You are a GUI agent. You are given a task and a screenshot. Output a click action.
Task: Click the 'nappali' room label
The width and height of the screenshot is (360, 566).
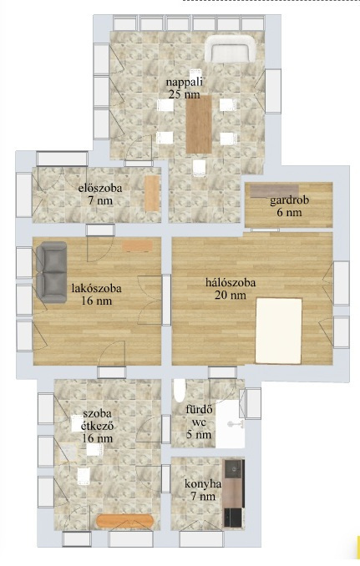pos(184,82)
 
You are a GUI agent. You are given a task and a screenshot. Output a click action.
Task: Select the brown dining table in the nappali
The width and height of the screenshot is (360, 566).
pos(199,124)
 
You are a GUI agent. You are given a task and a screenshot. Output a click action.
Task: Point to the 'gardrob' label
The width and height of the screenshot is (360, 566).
pos(289,200)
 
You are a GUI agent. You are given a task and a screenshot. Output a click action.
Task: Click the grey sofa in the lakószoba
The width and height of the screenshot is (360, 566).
pos(51,272)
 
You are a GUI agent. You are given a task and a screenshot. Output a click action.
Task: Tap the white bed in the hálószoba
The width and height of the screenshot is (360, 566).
pos(278,331)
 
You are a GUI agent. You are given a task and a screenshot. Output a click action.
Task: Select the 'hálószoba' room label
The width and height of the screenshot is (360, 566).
pos(231,282)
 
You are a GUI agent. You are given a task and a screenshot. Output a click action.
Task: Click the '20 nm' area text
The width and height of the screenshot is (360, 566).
pos(231,296)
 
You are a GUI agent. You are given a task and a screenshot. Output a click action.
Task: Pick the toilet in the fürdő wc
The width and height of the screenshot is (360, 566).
pos(180,390)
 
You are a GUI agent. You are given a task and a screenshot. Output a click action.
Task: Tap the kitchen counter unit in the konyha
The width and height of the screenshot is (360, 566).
pos(233,493)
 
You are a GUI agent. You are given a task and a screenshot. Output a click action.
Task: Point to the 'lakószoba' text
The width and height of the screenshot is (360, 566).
pos(96,289)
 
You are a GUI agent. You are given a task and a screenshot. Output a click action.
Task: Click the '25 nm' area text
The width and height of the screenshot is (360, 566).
pos(184,94)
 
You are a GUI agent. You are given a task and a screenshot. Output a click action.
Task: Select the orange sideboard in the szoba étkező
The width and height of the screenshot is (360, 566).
pos(125,521)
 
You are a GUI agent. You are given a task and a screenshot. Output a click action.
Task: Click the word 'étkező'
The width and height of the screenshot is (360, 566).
pos(97,427)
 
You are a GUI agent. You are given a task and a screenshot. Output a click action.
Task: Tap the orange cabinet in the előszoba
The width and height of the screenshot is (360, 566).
pos(152,193)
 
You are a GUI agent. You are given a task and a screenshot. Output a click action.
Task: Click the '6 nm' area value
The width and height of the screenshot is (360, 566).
pos(289,212)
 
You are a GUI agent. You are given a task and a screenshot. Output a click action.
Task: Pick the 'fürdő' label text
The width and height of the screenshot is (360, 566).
pos(199,410)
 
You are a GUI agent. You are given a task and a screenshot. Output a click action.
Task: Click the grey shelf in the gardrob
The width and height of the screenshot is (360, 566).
pos(275,190)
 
